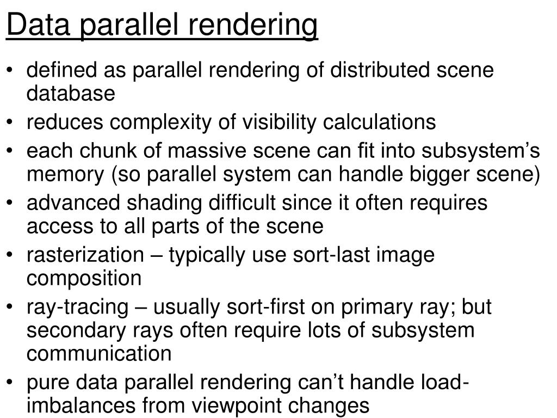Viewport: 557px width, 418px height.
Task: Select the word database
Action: [71, 94]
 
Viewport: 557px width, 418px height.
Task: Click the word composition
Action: [84, 279]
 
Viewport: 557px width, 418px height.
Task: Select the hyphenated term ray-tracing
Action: [76, 308]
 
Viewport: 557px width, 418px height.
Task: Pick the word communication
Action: [98, 354]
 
